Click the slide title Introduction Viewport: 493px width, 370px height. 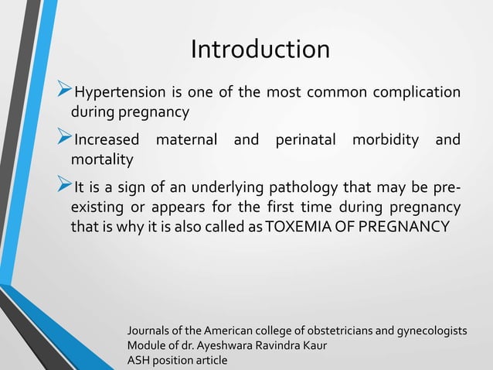(x=260, y=50)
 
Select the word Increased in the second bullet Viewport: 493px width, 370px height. (x=107, y=140)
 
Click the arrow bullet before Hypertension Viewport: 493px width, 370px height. (x=65, y=94)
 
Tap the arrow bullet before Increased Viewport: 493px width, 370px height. (x=65, y=140)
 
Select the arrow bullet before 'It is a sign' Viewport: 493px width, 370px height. (x=65, y=190)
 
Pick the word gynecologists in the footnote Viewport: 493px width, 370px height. (x=430, y=331)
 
